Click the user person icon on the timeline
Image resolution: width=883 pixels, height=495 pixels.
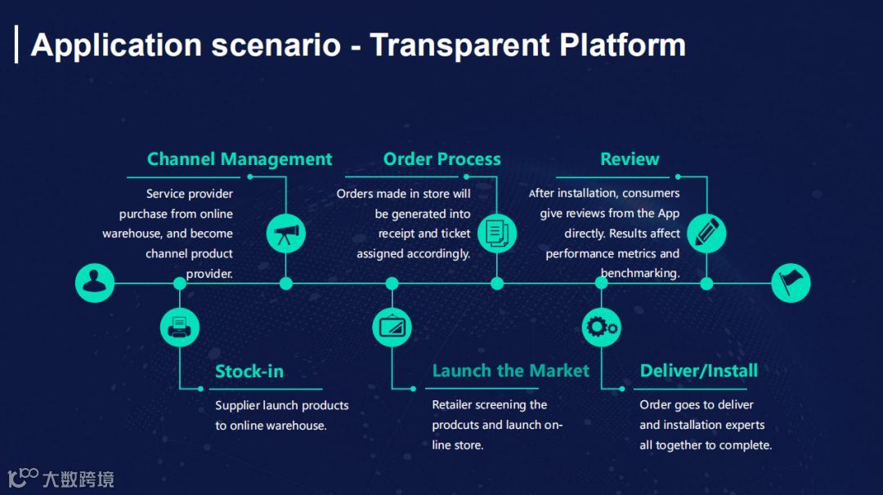[x=95, y=283]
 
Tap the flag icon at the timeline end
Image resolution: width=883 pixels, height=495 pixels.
[x=791, y=283]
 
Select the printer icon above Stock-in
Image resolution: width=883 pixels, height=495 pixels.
[x=180, y=328]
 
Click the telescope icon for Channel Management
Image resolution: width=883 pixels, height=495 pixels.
[x=286, y=234]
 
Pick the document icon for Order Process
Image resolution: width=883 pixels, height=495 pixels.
[x=496, y=234]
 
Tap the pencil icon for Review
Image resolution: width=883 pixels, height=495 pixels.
[x=706, y=234]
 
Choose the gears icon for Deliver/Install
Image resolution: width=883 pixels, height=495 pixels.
[x=602, y=328]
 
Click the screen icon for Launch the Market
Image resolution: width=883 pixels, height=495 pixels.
[x=392, y=328]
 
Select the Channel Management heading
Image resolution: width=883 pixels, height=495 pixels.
[x=240, y=159]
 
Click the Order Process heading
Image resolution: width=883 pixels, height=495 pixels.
[x=442, y=159]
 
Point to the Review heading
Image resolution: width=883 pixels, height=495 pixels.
[x=630, y=159]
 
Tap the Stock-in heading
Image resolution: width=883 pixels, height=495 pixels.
[x=249, y=372]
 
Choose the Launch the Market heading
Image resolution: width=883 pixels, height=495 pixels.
[x=510, y=371]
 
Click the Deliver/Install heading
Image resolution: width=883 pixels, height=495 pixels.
[x=699, y=371]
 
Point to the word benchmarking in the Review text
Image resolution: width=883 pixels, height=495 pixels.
[x=640, y=274]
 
